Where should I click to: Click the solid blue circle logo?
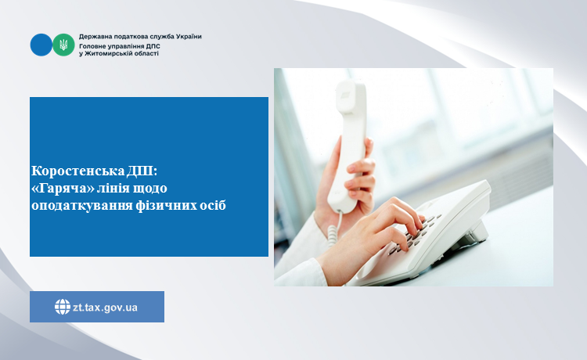[41, 45]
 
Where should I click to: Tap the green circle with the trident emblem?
[63, 45]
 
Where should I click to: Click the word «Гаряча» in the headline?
[63, 188]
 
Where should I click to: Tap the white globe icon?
[62, 307]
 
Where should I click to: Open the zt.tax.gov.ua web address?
[105, 308]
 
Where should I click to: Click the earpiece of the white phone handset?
[350, 95]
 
